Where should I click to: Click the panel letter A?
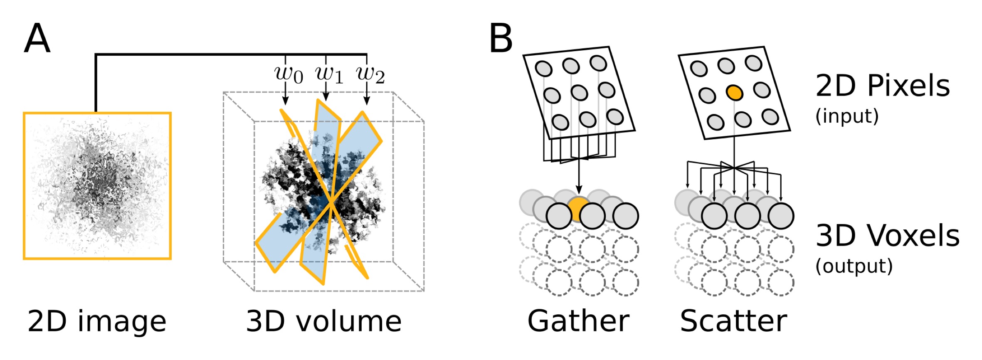pos(37,38)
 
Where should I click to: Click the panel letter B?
pos(501,38)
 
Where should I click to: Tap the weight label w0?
pos(289,74)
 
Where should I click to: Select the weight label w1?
pos(329,74)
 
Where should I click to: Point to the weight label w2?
pos(370,74)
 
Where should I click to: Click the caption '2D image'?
pos(97,321)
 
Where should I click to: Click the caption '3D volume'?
pos(324,321)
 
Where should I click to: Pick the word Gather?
pos(578,321)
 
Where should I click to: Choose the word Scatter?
pos(733,321)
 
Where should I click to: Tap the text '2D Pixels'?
pos(883,86)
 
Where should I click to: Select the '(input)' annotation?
pos(847,116)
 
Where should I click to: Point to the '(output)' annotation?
pos(854,266)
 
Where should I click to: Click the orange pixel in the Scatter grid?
pos(734,92)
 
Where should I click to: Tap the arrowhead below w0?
pos(285,101)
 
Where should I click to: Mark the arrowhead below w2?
pos(366,101)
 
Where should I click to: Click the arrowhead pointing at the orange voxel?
pos(579,190)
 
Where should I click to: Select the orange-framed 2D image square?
pos(97,186)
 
